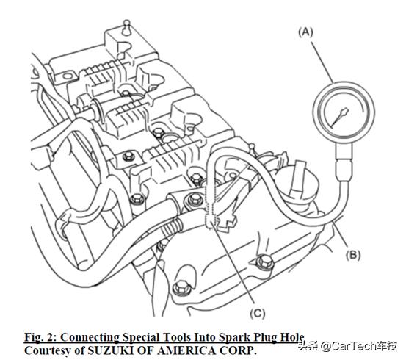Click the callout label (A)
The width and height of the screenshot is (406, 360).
tap(305, 32)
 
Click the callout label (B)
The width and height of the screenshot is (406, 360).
tap(353, 254)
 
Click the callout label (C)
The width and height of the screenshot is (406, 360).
tap(258, 313)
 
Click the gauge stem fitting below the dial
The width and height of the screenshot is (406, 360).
tap(344, 161)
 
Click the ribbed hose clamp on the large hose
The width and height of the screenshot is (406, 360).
tap(173, 226)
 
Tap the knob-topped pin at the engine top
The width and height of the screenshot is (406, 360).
tap(126, 27)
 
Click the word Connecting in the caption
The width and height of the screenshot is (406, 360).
tap(90, 337)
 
